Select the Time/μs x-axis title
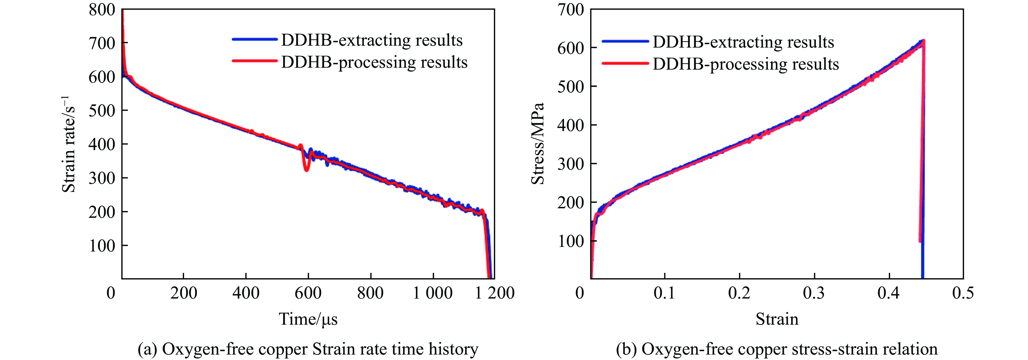pos(308,319)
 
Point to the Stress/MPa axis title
pos(538,144)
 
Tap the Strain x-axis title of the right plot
pos(777,319)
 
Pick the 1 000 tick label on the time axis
pos(433,293)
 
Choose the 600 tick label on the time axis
pos(308,293)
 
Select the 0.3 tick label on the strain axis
pos(814,293)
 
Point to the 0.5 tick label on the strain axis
pos(963,293)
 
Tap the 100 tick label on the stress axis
pos(571,241)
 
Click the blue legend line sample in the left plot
pos(255,39)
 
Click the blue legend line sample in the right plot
pos(625,41)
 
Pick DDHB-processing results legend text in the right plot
pos(745,64)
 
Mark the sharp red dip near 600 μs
pos(306,169)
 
